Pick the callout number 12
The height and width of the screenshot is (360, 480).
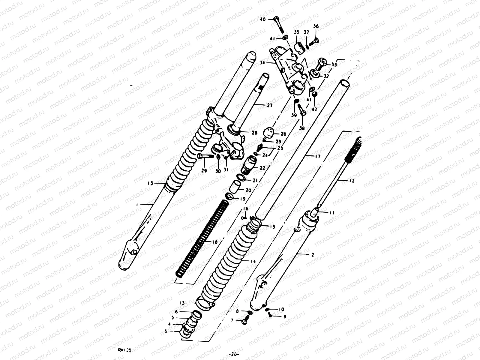coord(352,181)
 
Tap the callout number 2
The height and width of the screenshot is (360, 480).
coord(313,255)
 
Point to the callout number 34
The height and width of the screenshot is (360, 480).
coord(262,63)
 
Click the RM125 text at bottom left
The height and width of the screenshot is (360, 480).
coord(122,349)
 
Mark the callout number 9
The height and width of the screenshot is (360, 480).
coord(284,316)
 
